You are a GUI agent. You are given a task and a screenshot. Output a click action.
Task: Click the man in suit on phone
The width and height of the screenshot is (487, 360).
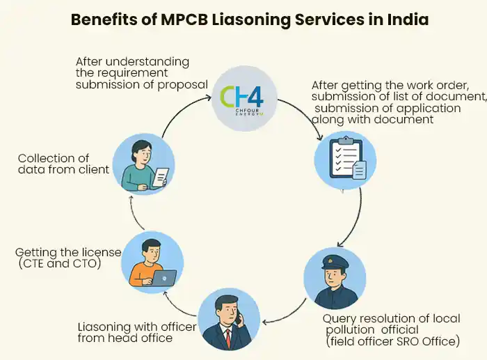coord(230,321)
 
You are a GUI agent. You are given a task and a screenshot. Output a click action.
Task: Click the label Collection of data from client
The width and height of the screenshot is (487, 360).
coord(63,164)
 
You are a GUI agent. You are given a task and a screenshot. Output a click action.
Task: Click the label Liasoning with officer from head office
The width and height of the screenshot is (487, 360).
coord(127,332)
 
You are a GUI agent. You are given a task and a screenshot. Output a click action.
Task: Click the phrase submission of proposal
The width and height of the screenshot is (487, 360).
coord(143,84)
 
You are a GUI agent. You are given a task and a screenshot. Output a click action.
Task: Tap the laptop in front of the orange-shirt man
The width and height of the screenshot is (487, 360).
coord(163,277)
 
